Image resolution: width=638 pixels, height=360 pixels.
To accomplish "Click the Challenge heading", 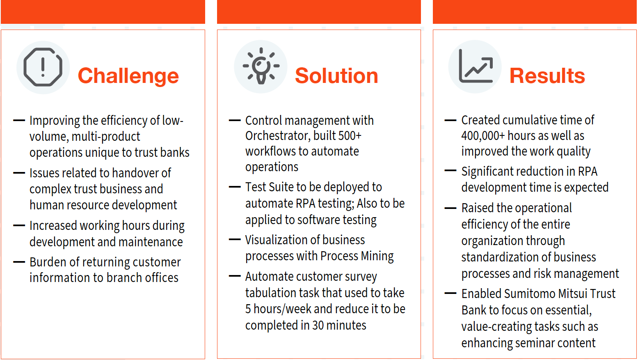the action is [x=128, y=76].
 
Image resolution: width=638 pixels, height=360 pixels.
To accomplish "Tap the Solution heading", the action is [x=337, y=76].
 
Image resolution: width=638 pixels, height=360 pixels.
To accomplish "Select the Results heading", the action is [x=547, y=76].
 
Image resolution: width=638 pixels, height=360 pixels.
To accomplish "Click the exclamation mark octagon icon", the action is [x=43, y=67].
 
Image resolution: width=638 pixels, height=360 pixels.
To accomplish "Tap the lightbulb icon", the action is [x=261, y=66].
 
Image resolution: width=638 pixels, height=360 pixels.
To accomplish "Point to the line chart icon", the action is [x=476, y=66].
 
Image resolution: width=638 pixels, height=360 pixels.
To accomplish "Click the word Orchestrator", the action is [x=278, y=136].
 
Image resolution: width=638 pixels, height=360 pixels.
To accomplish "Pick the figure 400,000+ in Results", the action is [x=483, y=136].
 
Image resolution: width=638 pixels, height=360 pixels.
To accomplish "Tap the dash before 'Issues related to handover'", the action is [x=19, y=173].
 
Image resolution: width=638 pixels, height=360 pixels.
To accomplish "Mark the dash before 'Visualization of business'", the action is [x=235, y=240].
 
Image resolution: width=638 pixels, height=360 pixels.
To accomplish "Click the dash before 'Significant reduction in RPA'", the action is [x=450, y=171].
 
